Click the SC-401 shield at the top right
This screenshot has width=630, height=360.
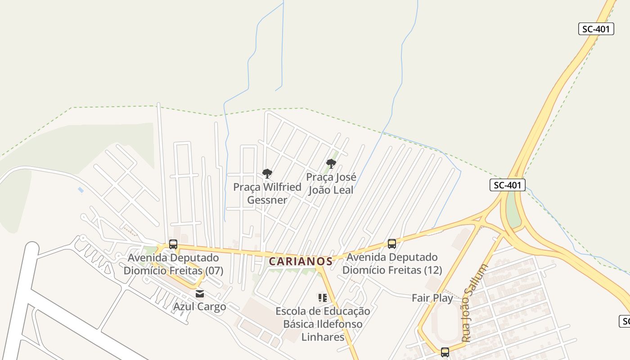pos(596,29)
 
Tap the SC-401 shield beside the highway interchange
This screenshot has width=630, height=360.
pos(508,185)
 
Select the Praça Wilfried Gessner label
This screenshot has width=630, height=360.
pos(267,193)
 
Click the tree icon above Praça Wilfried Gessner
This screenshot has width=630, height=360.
pos(267,173)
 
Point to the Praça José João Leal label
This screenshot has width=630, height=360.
pos(331,184)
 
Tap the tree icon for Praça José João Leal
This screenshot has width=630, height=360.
pos(331,163)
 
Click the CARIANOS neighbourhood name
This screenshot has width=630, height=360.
pos(301,261)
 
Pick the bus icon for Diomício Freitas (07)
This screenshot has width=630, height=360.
pos(173,244)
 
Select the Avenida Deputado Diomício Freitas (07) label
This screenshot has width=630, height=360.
pos(173,264)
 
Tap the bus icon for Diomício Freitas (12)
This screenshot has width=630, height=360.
pos(392,244)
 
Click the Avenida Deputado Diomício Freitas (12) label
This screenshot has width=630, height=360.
pos(392,264)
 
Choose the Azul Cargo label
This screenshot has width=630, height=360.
pos(200,307)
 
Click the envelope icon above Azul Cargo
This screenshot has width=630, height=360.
pos(200,294)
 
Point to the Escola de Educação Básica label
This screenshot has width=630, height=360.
pos(323,324)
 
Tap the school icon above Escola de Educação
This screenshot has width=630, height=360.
pos(322,297)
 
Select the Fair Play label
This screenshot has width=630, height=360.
pos(432,298)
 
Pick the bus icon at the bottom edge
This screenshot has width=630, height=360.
pos(445,352)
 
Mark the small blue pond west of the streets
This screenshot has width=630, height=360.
pos(81,190)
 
